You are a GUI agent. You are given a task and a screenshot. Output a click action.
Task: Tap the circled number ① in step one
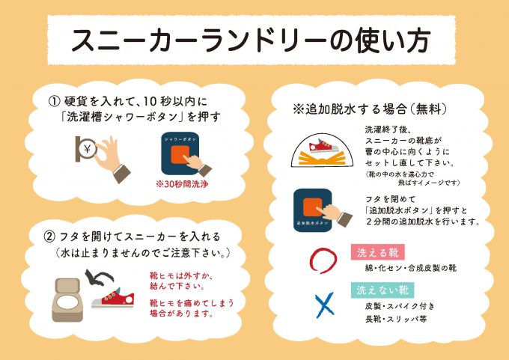[54, 101]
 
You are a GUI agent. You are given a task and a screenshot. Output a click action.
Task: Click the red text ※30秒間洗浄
[181, 184]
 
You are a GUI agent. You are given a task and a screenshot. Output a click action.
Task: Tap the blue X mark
[323, 303]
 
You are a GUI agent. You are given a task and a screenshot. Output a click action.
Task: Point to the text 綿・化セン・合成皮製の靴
[410, 267]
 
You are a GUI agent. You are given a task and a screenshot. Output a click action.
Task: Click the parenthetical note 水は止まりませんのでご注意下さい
[142, 254]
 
